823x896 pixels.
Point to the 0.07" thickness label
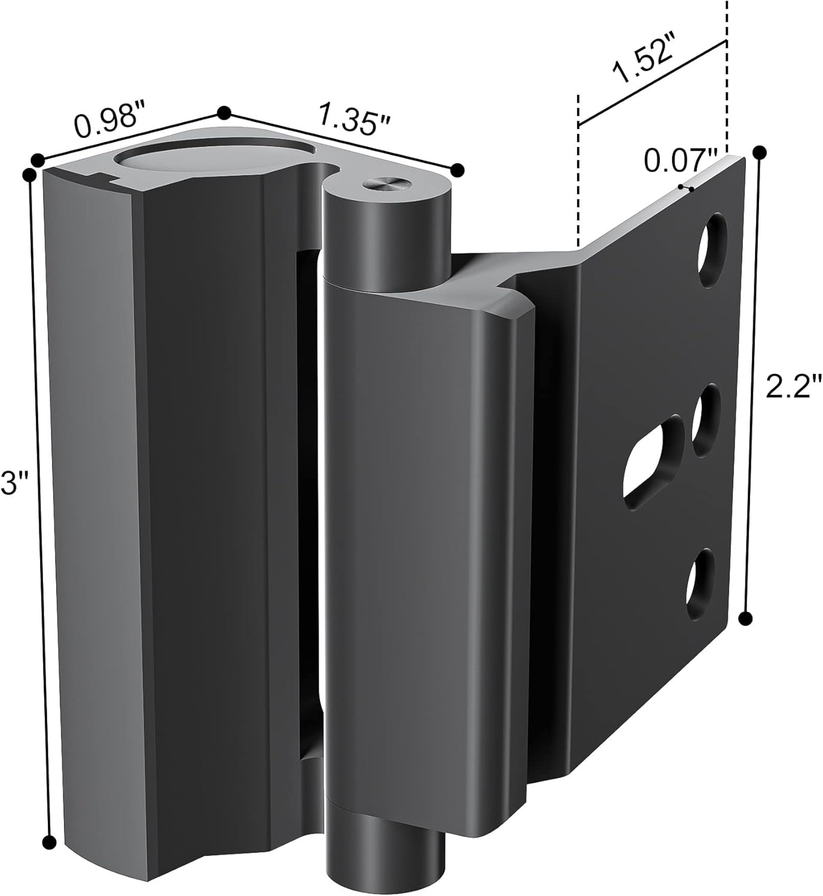coord(680,160)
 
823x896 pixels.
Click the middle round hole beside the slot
coord(707,420)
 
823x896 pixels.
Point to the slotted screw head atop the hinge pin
coord(382,185)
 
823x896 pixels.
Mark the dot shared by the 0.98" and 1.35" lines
coord(224,113)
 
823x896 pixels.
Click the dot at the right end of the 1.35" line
coord(457,169)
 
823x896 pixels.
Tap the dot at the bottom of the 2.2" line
coord(745,618)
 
